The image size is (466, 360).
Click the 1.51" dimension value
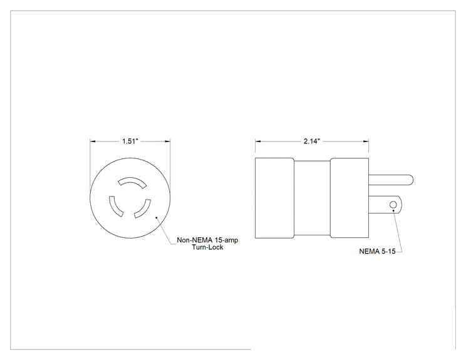pyautogui.click(x=130, y=141)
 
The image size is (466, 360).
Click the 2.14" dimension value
pyautogui.click(x=312, y=141)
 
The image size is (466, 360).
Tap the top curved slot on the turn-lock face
pyautogui.click(x=132, y=182)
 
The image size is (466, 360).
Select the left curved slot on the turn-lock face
pyautogui.click(x=115, y=207)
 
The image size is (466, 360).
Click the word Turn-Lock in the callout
pyautogui.click(x=207, y=247)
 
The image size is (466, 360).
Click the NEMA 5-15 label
pyautogui.click(x=377, y=251)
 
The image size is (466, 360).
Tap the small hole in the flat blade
pyautogui.click(x=393, y=205)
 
